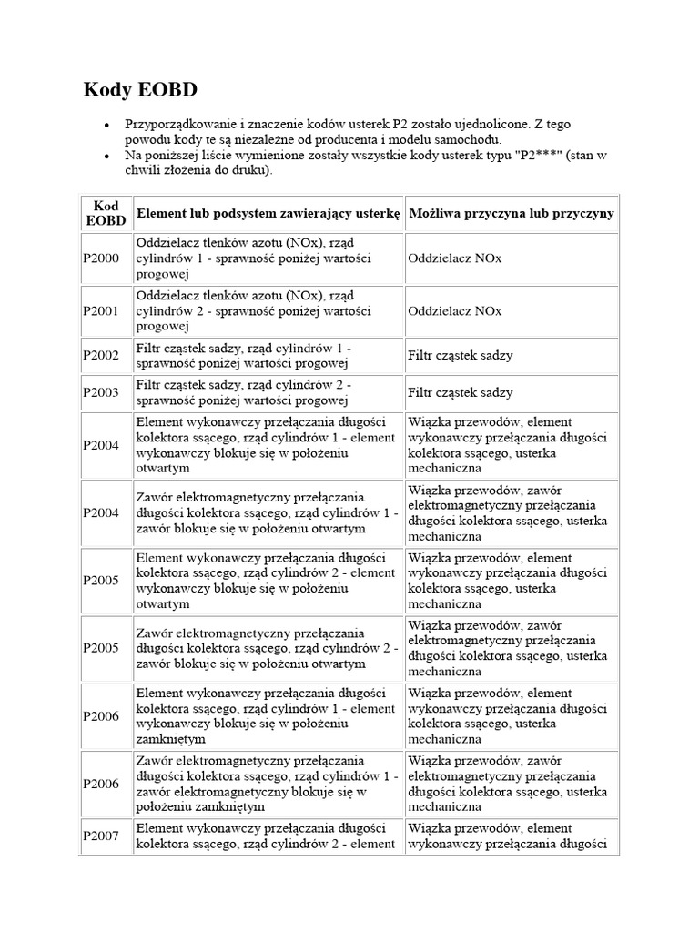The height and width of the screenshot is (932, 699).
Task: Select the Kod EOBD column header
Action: pos(106,213)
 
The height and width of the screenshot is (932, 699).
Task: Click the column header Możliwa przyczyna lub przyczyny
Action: pos(512,213)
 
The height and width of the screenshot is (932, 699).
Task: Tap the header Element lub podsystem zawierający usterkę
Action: pos(268,213)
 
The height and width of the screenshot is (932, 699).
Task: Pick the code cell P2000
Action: pos(100,258)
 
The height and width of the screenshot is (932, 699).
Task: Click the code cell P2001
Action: pos(100,310)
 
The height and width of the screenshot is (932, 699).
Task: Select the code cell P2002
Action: pos(100,356)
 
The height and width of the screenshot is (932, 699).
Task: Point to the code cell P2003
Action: pos(100,392)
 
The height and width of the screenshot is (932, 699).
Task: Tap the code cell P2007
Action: pos(100,836)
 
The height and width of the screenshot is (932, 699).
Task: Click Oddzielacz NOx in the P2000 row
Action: pos(455,258)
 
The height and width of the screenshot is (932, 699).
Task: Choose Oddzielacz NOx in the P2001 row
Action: pos(455,310)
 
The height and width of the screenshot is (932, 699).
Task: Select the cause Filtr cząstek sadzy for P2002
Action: pos(461,356)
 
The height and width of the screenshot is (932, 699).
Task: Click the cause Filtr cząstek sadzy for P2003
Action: pos(461,392)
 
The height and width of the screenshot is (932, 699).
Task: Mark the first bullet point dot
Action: pos(106,125)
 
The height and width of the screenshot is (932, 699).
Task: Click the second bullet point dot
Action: pos(106,157)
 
